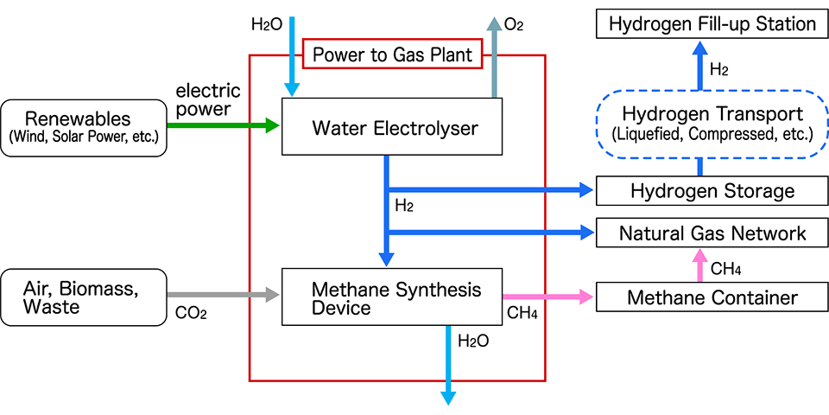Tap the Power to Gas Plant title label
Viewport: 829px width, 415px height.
pyautogui.click(x=392, y=55)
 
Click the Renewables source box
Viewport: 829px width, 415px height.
pyautogui.click(x=84, y=127)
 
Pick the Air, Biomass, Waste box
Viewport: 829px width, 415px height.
pyautogui.click(x=84, y=297)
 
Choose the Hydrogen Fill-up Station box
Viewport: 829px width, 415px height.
pyautogui.click(x=712, y=23)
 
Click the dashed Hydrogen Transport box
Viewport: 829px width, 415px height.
pyautogui.click(x=712, y=123)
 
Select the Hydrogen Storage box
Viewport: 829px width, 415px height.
pyautogui.click(x=712, y=190)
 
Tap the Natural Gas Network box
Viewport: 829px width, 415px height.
pyautogui.click(x=712, y=233)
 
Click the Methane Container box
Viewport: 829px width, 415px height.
pyautogui.click(x=712, y=297)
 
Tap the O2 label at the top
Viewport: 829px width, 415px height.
pyautogui.click(x=515, y=25)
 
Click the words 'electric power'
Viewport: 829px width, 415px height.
pyautogui.click(x=207, y=99)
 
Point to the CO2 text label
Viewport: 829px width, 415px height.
pyautogui.click(x=191, y=313)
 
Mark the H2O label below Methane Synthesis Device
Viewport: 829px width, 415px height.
pyautogui.click(x=473, y=341)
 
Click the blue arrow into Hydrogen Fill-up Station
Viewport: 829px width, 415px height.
pyautogui.click(x=700, y=65)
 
